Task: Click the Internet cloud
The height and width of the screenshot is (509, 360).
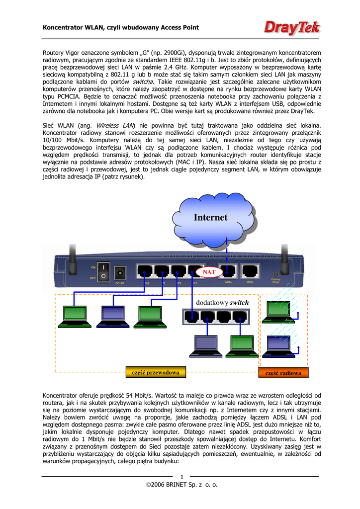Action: [211, 217]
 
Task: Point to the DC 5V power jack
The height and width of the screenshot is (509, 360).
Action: [120, 273]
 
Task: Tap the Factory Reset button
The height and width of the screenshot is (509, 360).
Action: [276, 274]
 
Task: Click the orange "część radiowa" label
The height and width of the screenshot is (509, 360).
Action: [283, 372]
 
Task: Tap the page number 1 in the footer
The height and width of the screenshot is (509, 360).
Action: [182, 478]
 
